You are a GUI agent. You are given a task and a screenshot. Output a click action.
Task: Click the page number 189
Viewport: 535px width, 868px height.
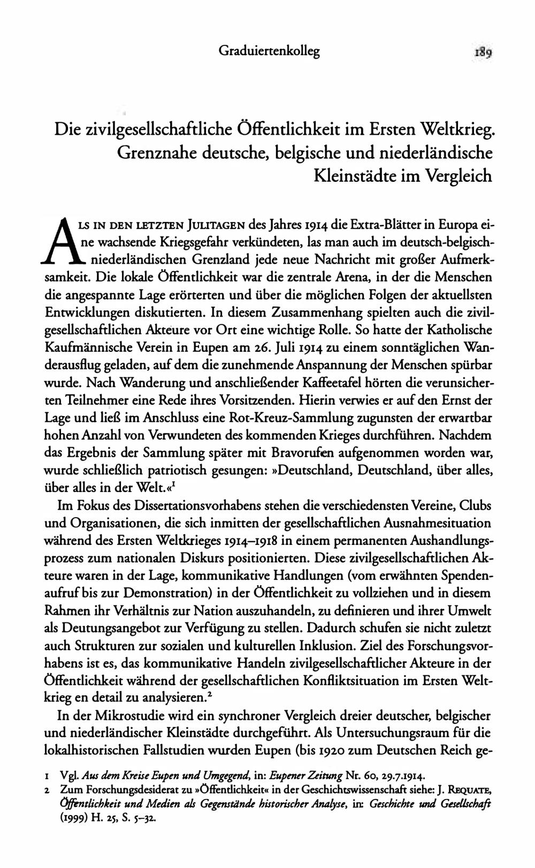tap(483, 52)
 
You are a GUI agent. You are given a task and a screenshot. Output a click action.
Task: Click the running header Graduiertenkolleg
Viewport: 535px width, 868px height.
tap(269, 51)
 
